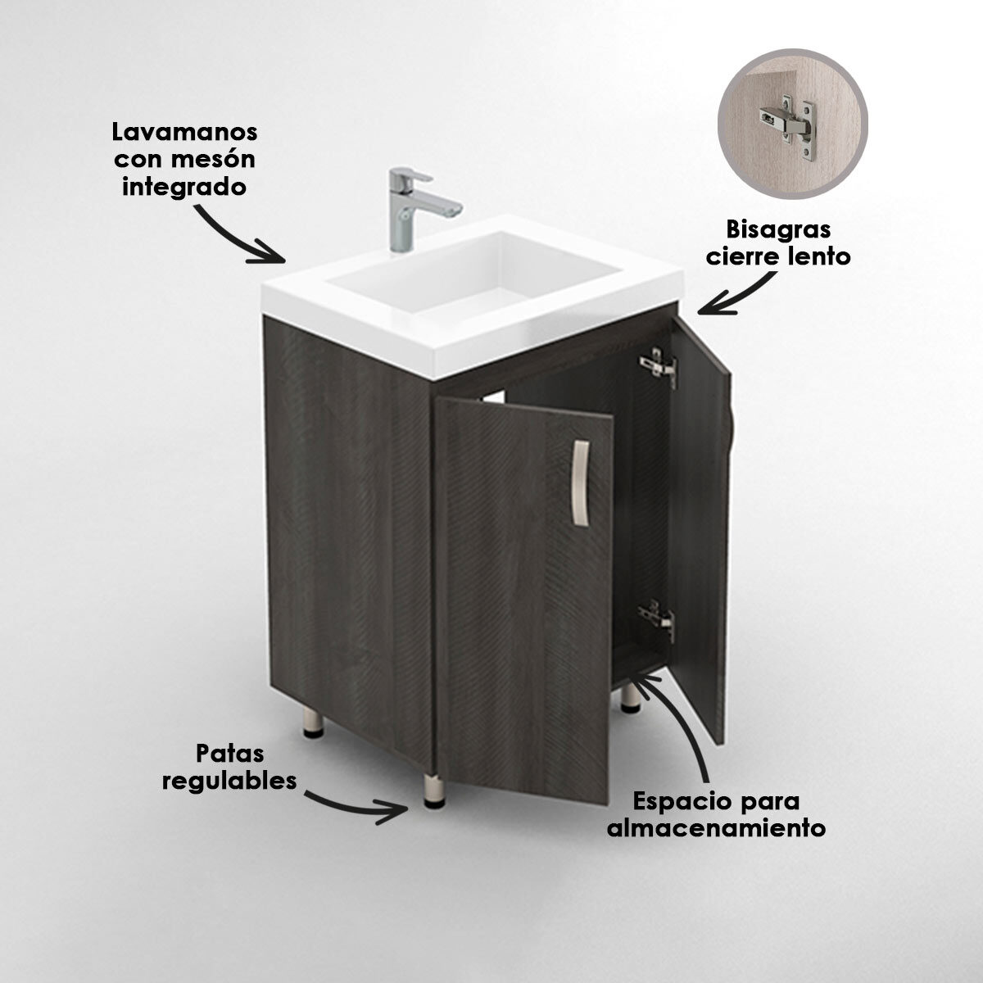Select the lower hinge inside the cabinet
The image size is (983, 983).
click(657, 619)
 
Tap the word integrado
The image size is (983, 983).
click(184, 186)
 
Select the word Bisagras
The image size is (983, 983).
click(767, 229)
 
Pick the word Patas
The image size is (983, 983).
click(230, 753)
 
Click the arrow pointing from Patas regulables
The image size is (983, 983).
click(359, 806)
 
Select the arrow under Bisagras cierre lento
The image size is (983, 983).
click(737, 297)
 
